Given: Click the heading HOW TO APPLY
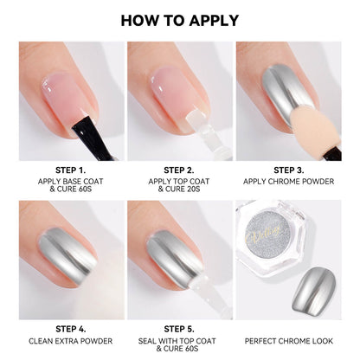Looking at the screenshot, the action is tap(180, 21).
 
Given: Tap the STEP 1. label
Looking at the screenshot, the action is tap(71, 170).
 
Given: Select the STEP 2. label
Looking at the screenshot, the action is tap(179, 170).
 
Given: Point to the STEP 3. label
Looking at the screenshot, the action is tap(289, 170).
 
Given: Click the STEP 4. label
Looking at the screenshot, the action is tap(71, 329).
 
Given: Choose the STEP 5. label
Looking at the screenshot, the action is tap(179, 329).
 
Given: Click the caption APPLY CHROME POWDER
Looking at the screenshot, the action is tap(289, 182).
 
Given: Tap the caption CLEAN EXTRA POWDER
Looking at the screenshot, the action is tap(71, 341).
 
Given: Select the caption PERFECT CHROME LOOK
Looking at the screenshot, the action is tap(289, 341).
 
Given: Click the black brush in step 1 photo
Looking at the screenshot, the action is tap(93, 138).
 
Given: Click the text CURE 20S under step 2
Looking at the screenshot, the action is tap(183, 190).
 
